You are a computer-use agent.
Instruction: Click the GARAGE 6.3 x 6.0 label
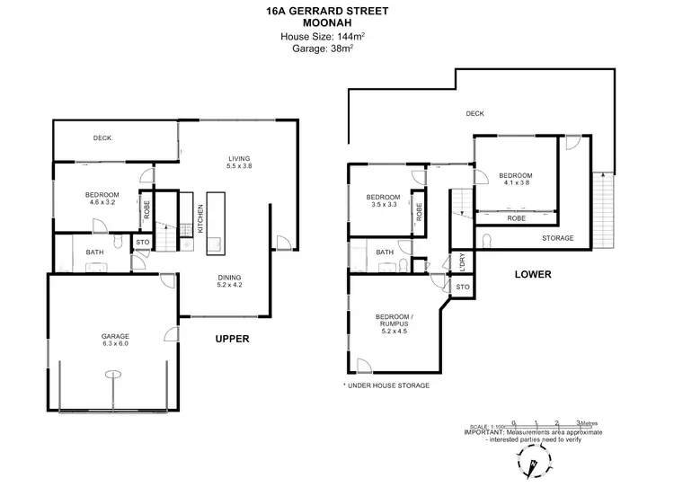(115, 340)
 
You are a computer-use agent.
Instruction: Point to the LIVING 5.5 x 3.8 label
(239, 161)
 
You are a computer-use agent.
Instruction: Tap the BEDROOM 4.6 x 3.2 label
(102, 199)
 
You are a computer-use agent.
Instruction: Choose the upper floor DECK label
(102, 138)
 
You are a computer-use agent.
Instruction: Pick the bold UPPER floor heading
(231, 339)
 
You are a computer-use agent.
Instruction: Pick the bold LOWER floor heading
(532, 274)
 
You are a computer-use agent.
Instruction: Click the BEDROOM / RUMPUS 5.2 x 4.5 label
(396, 322)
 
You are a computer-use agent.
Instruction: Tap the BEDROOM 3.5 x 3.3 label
(384, 200)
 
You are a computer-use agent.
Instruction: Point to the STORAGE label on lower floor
(558, 238)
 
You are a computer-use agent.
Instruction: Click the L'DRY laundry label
(461, 262)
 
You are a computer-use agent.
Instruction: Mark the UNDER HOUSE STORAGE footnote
(386, 385)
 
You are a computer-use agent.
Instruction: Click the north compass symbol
(534, 465)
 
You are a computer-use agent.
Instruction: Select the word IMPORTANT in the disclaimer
(484, 431)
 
